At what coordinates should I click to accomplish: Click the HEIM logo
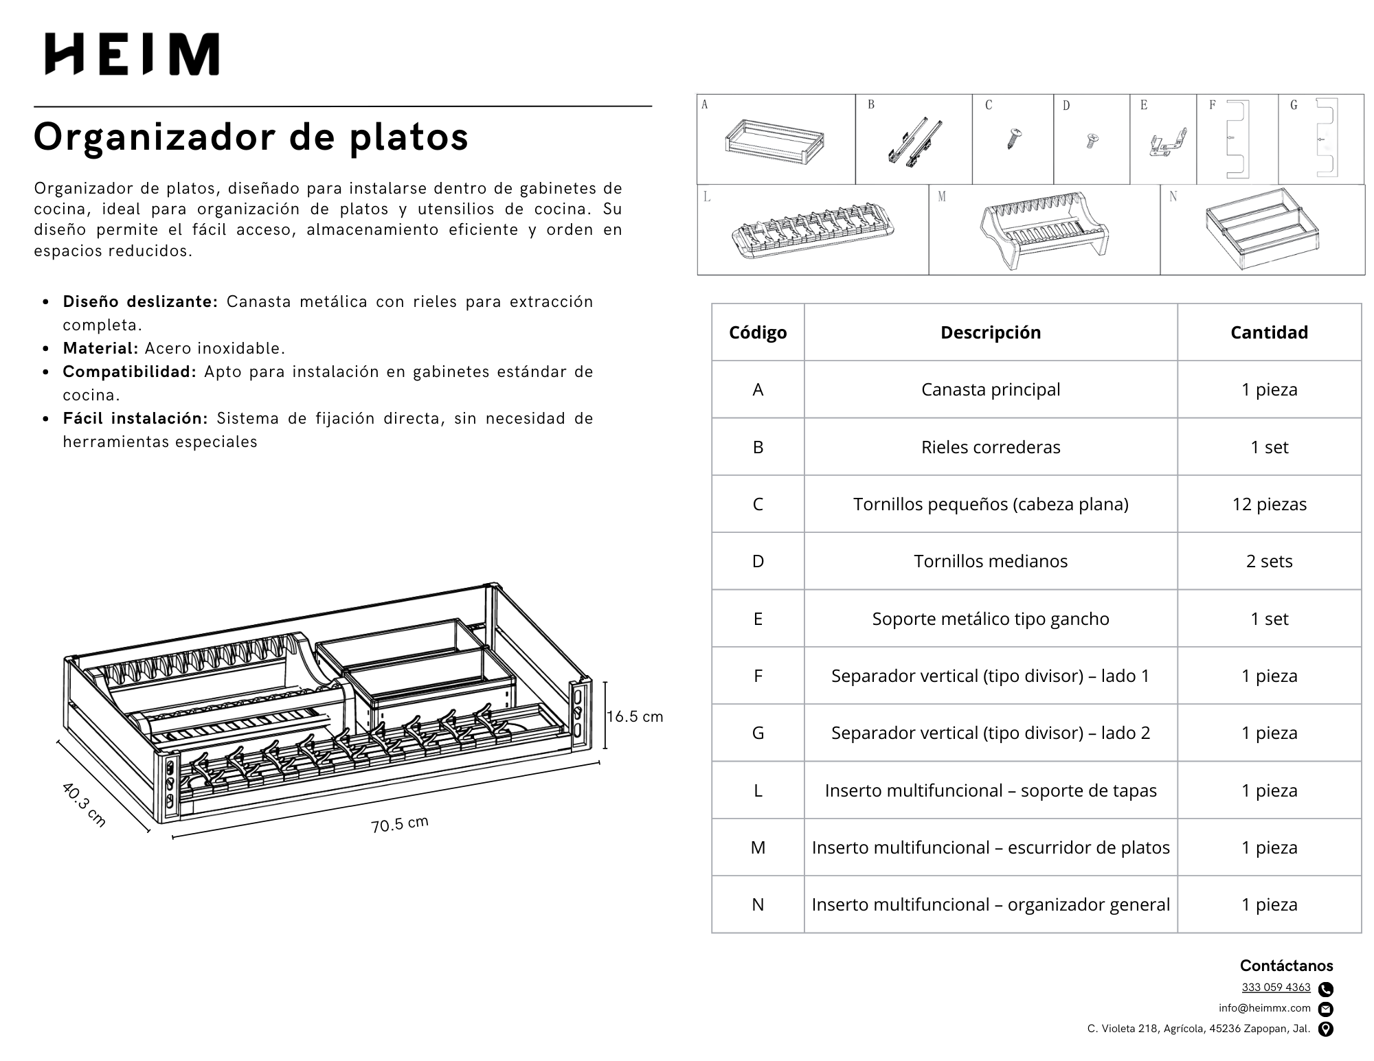coord(132,54)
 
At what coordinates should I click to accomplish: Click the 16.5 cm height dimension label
coord(635,717)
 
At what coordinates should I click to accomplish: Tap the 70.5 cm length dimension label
coord(399,823)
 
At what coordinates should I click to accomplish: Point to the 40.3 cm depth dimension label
coord(84,804)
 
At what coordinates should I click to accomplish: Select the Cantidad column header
coord(1269,332)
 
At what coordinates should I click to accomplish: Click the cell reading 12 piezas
coord(1269,504)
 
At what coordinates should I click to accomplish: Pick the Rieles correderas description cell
coord(990,447)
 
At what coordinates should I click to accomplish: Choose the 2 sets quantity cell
coord(1269,561)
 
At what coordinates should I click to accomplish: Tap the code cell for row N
coord(758,904)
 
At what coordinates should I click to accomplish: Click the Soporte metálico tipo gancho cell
coord(990,619)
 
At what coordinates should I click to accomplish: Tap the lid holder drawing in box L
coord(813,231)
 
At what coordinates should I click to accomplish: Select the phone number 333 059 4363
coord(1276,988)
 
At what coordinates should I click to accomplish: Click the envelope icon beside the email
coord(1326,1009)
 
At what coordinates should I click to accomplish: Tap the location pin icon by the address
coord(1326,1029)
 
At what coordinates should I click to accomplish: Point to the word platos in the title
coord(409,137)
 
